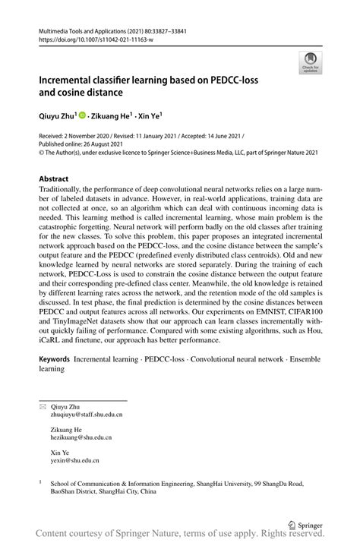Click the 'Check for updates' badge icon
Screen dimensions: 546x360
(310, 63)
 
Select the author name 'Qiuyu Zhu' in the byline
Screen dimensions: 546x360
(56, 118)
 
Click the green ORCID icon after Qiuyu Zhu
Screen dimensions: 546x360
(81, 118)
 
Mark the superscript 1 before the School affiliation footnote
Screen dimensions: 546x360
(40, 481)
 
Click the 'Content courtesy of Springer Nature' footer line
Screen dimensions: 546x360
(180, 536)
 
